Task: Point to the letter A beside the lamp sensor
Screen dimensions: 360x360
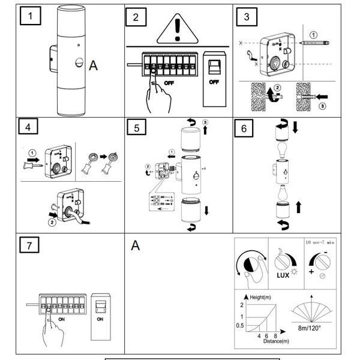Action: tap(93, 65)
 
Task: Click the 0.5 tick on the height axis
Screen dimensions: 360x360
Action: tap(241, 326)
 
